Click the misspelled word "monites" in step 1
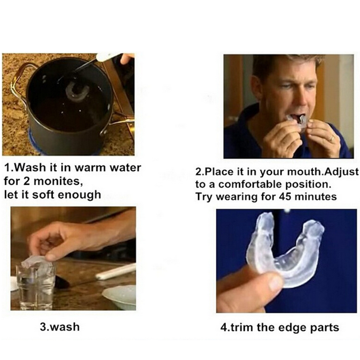click(58, 181)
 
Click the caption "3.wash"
click(60, 327)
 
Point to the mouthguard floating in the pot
click(77, 92)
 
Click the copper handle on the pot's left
click(19, 80)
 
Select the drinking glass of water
click(36, 287)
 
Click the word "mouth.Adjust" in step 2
click(323, 172)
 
